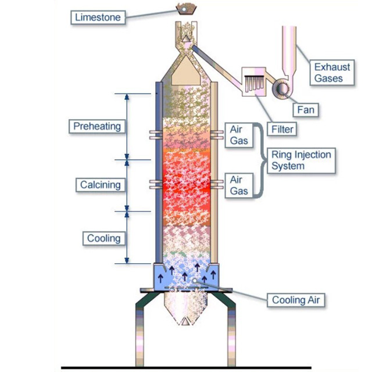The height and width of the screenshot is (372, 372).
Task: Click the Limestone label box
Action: pyautogui.click(x=98, y=17)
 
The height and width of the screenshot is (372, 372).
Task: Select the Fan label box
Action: pyautogui.click(x=304, y=109)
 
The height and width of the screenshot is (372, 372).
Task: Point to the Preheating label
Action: pyautogui.click(x=97, y=126)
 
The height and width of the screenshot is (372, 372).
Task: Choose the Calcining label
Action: pyautogui.click(x=101, y=185)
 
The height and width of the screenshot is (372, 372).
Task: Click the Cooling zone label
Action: pyautogui.click(x=103, y=238)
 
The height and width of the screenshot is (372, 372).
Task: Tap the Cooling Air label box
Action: pyautogui.click(x=296, y=300)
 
